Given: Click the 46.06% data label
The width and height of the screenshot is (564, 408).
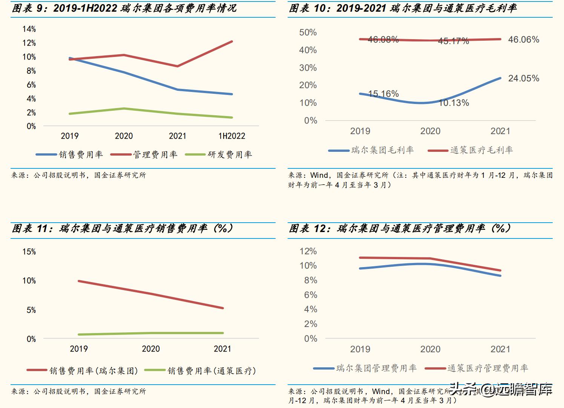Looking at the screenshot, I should [x=523, y=40].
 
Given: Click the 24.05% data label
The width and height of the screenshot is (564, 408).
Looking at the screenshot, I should [x=523, y=78].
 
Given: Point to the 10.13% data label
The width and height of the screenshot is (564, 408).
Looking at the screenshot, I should [x=454, y=103].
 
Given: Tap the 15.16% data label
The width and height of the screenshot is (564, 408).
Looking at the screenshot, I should [x=383, y=94].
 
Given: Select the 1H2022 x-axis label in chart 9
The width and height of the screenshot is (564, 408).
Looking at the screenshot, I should [x=231, y=136].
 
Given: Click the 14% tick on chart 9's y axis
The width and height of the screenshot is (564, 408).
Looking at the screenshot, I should [x=29, y=29].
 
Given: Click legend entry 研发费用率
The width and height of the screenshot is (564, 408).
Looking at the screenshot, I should [x=230, y=154].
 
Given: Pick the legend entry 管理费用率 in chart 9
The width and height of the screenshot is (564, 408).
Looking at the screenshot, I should [x=155, y=154].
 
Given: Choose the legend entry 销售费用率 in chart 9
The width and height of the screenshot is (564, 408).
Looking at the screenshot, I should [x=81, y=154].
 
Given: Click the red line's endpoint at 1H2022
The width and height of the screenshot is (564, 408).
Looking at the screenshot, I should [x=232, y=41].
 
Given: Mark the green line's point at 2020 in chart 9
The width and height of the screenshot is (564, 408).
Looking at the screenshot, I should [x=124, y=108].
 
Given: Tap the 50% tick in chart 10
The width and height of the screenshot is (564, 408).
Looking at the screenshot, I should [x=308, y=32].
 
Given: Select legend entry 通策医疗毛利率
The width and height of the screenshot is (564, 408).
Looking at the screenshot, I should [x=481, y=150].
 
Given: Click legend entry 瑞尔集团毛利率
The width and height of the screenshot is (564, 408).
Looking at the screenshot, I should [x=382, y=150].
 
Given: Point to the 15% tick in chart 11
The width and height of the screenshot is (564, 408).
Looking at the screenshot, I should [x=29, y=252].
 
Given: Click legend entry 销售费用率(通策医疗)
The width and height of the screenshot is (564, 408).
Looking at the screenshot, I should [x=211, y=371].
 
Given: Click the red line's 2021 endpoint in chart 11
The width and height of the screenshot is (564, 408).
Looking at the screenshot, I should [x=223, y=308].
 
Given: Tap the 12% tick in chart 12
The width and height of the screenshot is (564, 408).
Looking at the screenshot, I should [x=308, y=251].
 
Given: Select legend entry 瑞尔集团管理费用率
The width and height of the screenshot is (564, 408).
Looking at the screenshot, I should [x=376, y=368].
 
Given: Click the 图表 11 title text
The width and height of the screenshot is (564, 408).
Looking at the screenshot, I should [x=122, y=229].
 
